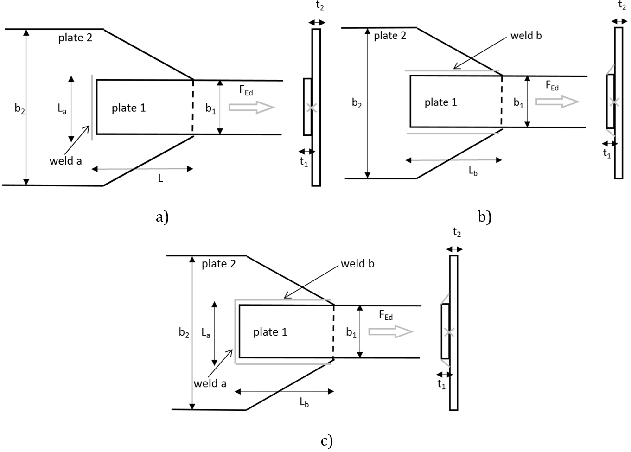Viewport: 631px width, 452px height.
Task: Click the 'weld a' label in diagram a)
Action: [x=65, y=161]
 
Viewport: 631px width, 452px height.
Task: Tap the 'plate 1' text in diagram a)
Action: [x=128, y=108]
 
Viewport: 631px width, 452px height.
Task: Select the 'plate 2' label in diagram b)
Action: [x=390, y=36]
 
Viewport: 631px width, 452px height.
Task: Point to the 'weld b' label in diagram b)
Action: [x=526, y=36]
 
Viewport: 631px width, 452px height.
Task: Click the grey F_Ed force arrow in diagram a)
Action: [x=252, y=107]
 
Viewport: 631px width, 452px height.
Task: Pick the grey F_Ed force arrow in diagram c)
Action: [x=390, y=331]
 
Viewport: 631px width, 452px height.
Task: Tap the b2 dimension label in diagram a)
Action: [x=19, y=109]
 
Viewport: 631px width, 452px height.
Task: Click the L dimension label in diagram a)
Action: [x=160, y=178]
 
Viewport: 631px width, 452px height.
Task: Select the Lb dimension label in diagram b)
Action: [x=473, y=171]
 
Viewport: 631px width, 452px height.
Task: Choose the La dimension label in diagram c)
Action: [x=206, y=333]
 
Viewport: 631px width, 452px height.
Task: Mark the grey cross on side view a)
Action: [x=312, y=108]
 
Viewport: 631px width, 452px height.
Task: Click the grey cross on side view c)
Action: [x=448, y=332]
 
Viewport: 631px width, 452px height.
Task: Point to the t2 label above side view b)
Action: [x=622, y=6]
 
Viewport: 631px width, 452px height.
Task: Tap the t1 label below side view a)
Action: [x=304, y=161]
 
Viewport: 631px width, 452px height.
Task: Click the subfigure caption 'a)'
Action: [x=162, y=217]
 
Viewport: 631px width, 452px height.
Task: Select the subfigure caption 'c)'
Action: [x=326, y=440]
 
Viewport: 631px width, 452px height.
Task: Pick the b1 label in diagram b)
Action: [x=518, y=103]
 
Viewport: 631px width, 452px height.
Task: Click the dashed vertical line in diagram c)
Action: [x=333, y=331]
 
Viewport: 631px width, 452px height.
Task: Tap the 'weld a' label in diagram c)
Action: [x=210, y=383]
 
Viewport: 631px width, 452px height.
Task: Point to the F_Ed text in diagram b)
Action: [x=552, y=86]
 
